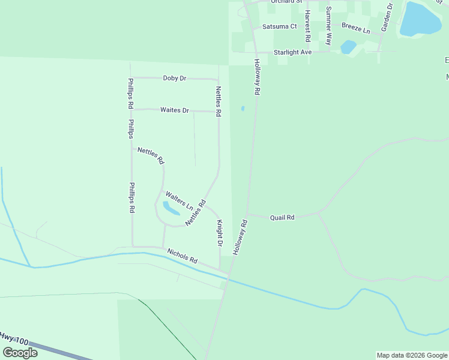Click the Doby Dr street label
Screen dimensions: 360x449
[175, 78]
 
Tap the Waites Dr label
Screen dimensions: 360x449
[175, 110]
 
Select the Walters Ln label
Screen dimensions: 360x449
[179, 200]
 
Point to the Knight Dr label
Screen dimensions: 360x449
[220, 233]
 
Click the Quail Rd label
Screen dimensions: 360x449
[282, 217]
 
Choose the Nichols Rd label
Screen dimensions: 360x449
[182, 256]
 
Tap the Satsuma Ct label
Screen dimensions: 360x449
[280, 26]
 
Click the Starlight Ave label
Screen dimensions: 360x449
[293, 52]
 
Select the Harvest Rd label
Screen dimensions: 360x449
[307, 26]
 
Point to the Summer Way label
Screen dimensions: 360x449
[329, 26]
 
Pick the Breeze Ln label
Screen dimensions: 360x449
[356, 28]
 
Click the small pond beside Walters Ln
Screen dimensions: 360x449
[170, 208]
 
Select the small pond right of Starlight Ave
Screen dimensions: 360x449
[348, 47]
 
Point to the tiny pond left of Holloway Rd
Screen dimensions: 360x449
[243, 109]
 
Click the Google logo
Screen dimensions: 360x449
[20, 353]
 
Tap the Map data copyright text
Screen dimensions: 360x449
[412, 355]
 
